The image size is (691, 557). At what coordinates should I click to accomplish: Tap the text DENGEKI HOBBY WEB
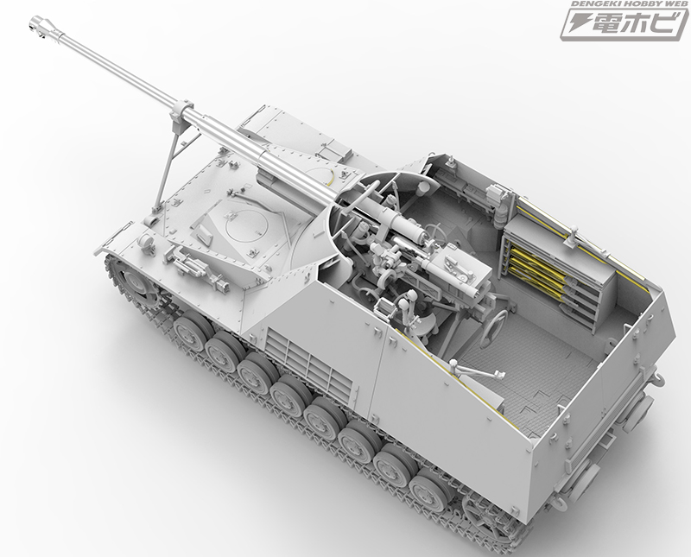627,7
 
